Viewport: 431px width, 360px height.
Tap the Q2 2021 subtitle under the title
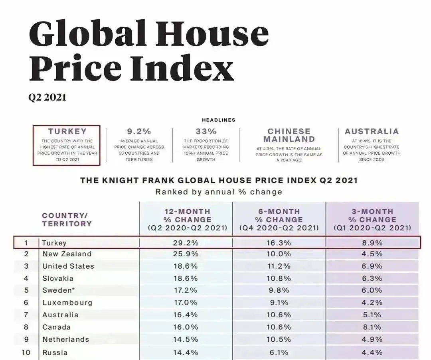point(47,98)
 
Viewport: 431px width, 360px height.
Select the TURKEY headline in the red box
point(67,132)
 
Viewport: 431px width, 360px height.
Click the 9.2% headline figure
point(139,131)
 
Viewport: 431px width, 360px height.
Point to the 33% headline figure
point(206,131)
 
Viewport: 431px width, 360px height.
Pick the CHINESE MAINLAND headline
point(289,135)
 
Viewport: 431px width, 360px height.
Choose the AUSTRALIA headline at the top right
point(372,131)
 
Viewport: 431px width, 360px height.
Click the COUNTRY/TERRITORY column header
point(67,219)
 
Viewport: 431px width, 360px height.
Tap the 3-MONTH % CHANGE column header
point(372,220)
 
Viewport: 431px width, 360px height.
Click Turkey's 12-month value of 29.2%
point(186,243)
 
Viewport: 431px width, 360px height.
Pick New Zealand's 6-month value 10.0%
point(279,254)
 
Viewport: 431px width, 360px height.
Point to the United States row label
point(68,266)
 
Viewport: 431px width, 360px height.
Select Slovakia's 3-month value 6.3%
point(372,278)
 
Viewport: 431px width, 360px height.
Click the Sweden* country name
point(59,291)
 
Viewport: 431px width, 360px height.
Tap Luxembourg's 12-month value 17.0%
point(186,303)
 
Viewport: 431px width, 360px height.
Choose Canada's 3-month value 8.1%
point(372,327)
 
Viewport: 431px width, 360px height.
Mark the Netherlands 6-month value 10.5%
point(279,339)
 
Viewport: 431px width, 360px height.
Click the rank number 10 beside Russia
point(26,352)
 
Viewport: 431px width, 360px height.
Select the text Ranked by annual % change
point(219,192)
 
